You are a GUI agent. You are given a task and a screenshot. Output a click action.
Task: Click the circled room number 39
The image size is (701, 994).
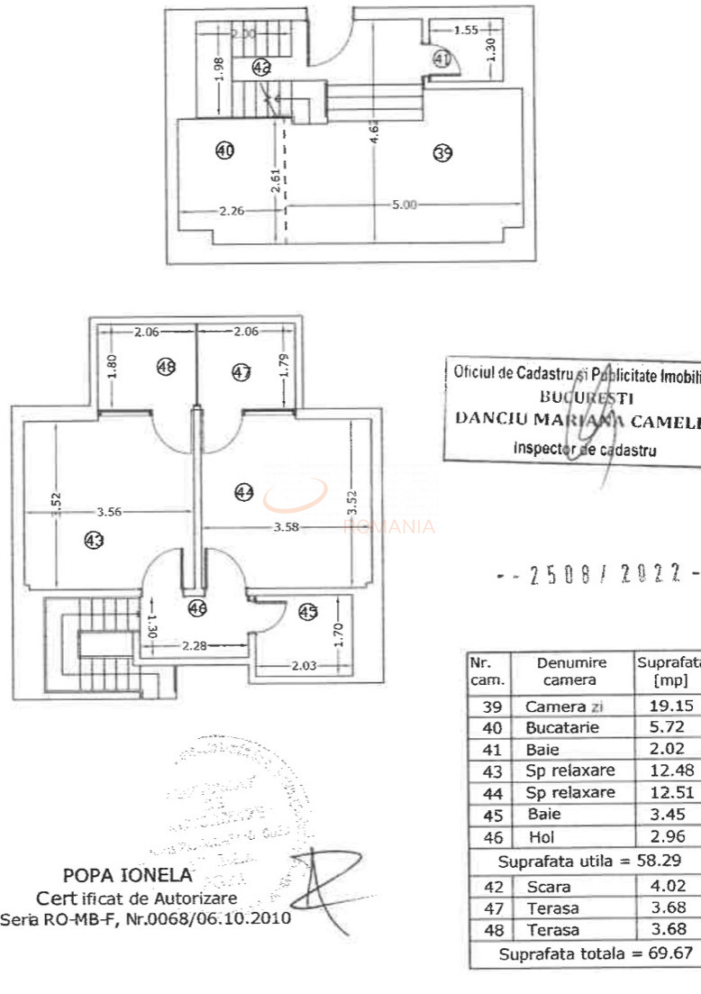click(442, 153)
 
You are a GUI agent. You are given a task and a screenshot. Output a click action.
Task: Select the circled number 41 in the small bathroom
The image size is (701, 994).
click(441, 59)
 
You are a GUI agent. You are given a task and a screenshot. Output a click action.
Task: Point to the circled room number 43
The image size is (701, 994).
click(94, 541)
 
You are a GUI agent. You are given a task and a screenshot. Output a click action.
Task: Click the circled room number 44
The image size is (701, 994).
click(244, 491)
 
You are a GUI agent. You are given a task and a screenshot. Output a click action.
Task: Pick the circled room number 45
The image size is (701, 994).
click(308, 612)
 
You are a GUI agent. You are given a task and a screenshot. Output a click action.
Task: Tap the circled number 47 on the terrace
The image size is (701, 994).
click(241, 372)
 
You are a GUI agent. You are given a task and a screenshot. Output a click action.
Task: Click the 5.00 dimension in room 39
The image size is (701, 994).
click(405, 205)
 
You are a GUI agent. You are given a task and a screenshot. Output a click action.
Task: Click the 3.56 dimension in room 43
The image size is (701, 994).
click(108, 512)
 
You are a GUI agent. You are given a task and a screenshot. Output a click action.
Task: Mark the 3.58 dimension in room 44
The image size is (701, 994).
click(287, 527)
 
